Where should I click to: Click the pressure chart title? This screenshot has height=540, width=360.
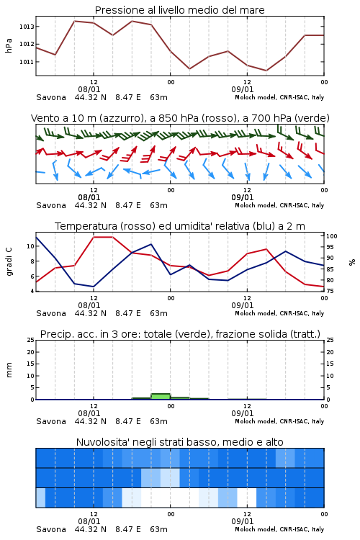click(179, 10)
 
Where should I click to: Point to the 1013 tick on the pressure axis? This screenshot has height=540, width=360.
click(27, 27)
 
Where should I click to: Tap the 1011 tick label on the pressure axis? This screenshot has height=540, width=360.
click(27, 62)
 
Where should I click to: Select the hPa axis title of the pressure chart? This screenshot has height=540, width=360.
click(9, 45)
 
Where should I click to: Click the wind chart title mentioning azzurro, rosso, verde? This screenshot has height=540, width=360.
click(180, 118)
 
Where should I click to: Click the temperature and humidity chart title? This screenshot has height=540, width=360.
click(180, 226)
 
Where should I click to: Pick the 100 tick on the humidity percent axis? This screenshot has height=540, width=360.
click(332, 236)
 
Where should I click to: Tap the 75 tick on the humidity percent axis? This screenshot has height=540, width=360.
click(330, 291)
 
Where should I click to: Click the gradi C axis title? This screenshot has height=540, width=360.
click(9, 261)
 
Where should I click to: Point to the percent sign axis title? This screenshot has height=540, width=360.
click(352, 262)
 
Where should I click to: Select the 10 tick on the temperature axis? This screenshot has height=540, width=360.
click(30, 246)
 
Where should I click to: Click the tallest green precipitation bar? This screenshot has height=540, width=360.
click(161, 397)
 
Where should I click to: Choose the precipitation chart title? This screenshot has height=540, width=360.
click(180, 334)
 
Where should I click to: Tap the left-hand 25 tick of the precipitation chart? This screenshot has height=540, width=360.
click(31, 340)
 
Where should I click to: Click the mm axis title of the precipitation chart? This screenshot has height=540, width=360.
click(9, 370)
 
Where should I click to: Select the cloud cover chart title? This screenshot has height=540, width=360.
click(179, 442)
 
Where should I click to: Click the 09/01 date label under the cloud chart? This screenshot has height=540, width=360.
click(243, 521)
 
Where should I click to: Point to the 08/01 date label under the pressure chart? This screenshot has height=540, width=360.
click(89, 89)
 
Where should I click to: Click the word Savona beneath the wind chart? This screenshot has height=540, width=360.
click(51, 206)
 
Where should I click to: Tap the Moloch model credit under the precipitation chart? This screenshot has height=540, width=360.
click(279, 421)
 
